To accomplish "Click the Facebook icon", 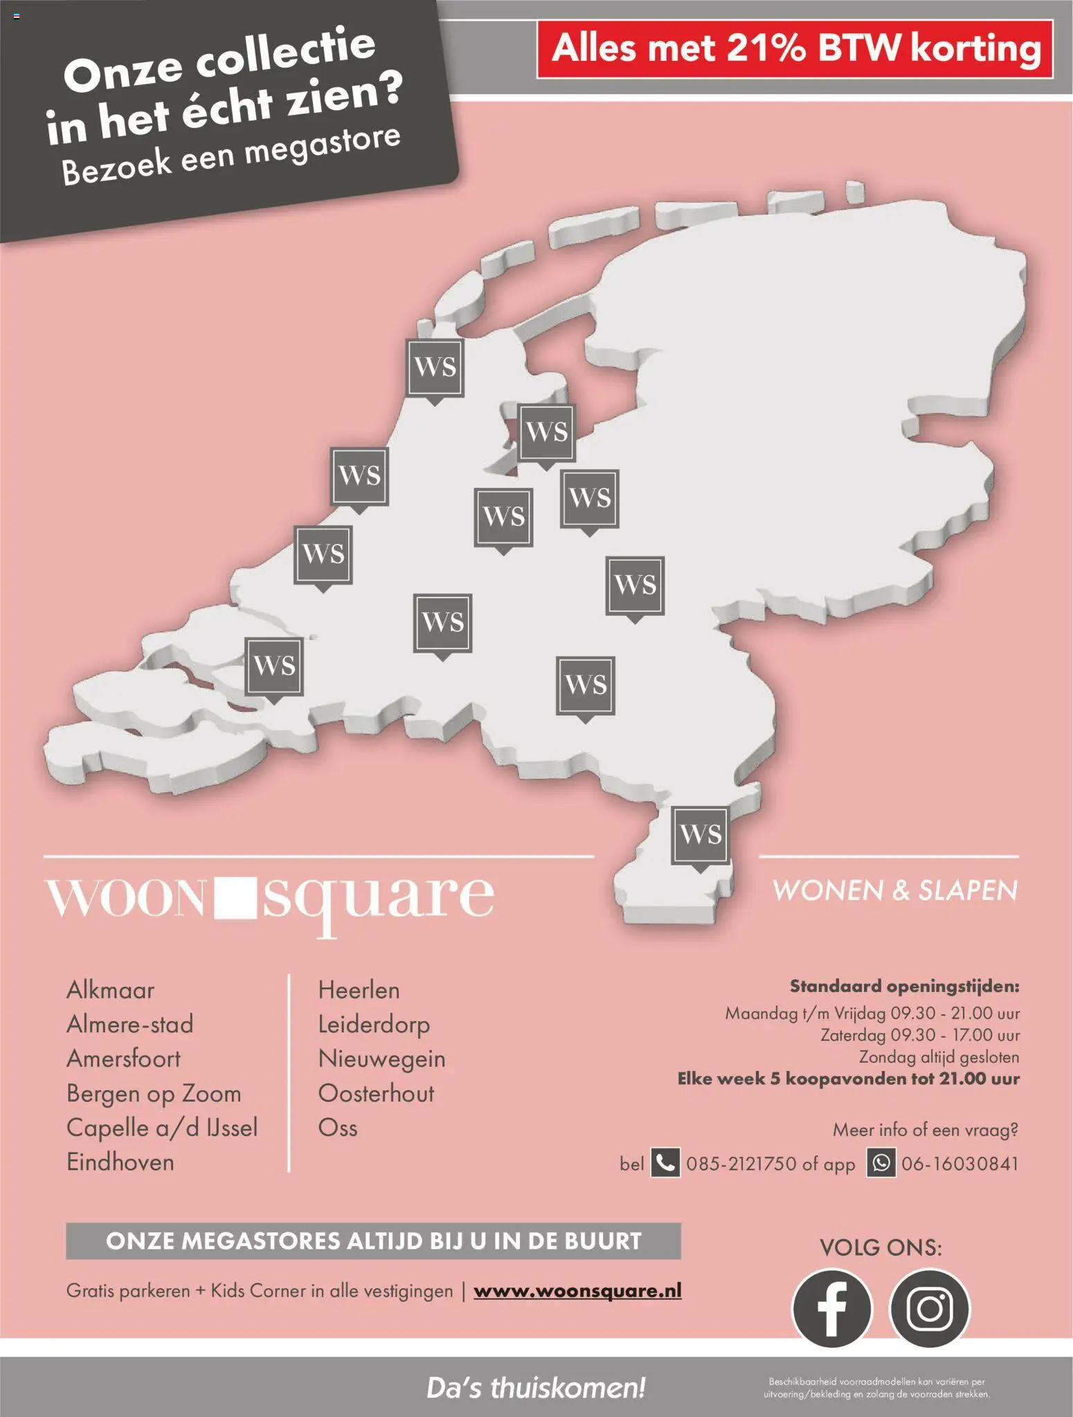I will coord(831,1308).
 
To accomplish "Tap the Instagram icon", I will coord(930,1308).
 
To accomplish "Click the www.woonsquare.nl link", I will coord(577,1290).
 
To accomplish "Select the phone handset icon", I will coord(665,1163).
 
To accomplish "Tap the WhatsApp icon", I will coord(881,1163).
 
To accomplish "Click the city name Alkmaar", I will coord(111,990).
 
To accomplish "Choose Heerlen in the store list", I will coord(359,990).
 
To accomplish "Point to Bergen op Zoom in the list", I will coord(154,1093).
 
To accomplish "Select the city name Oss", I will coord(338,1128).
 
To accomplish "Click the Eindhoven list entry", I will coord(120,1162).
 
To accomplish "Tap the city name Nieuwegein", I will coord(381,1059).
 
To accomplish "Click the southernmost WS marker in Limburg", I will coord(701,834).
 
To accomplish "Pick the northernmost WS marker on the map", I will coord(435,367).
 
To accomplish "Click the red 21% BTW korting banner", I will coord(795,49).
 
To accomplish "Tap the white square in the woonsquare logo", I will coord(235,897).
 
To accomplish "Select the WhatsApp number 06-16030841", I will coord(959,1164).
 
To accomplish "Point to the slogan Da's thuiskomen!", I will coord(536,1387).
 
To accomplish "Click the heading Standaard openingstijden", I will coord(904,986).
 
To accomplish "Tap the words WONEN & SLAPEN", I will coord(895,890).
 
